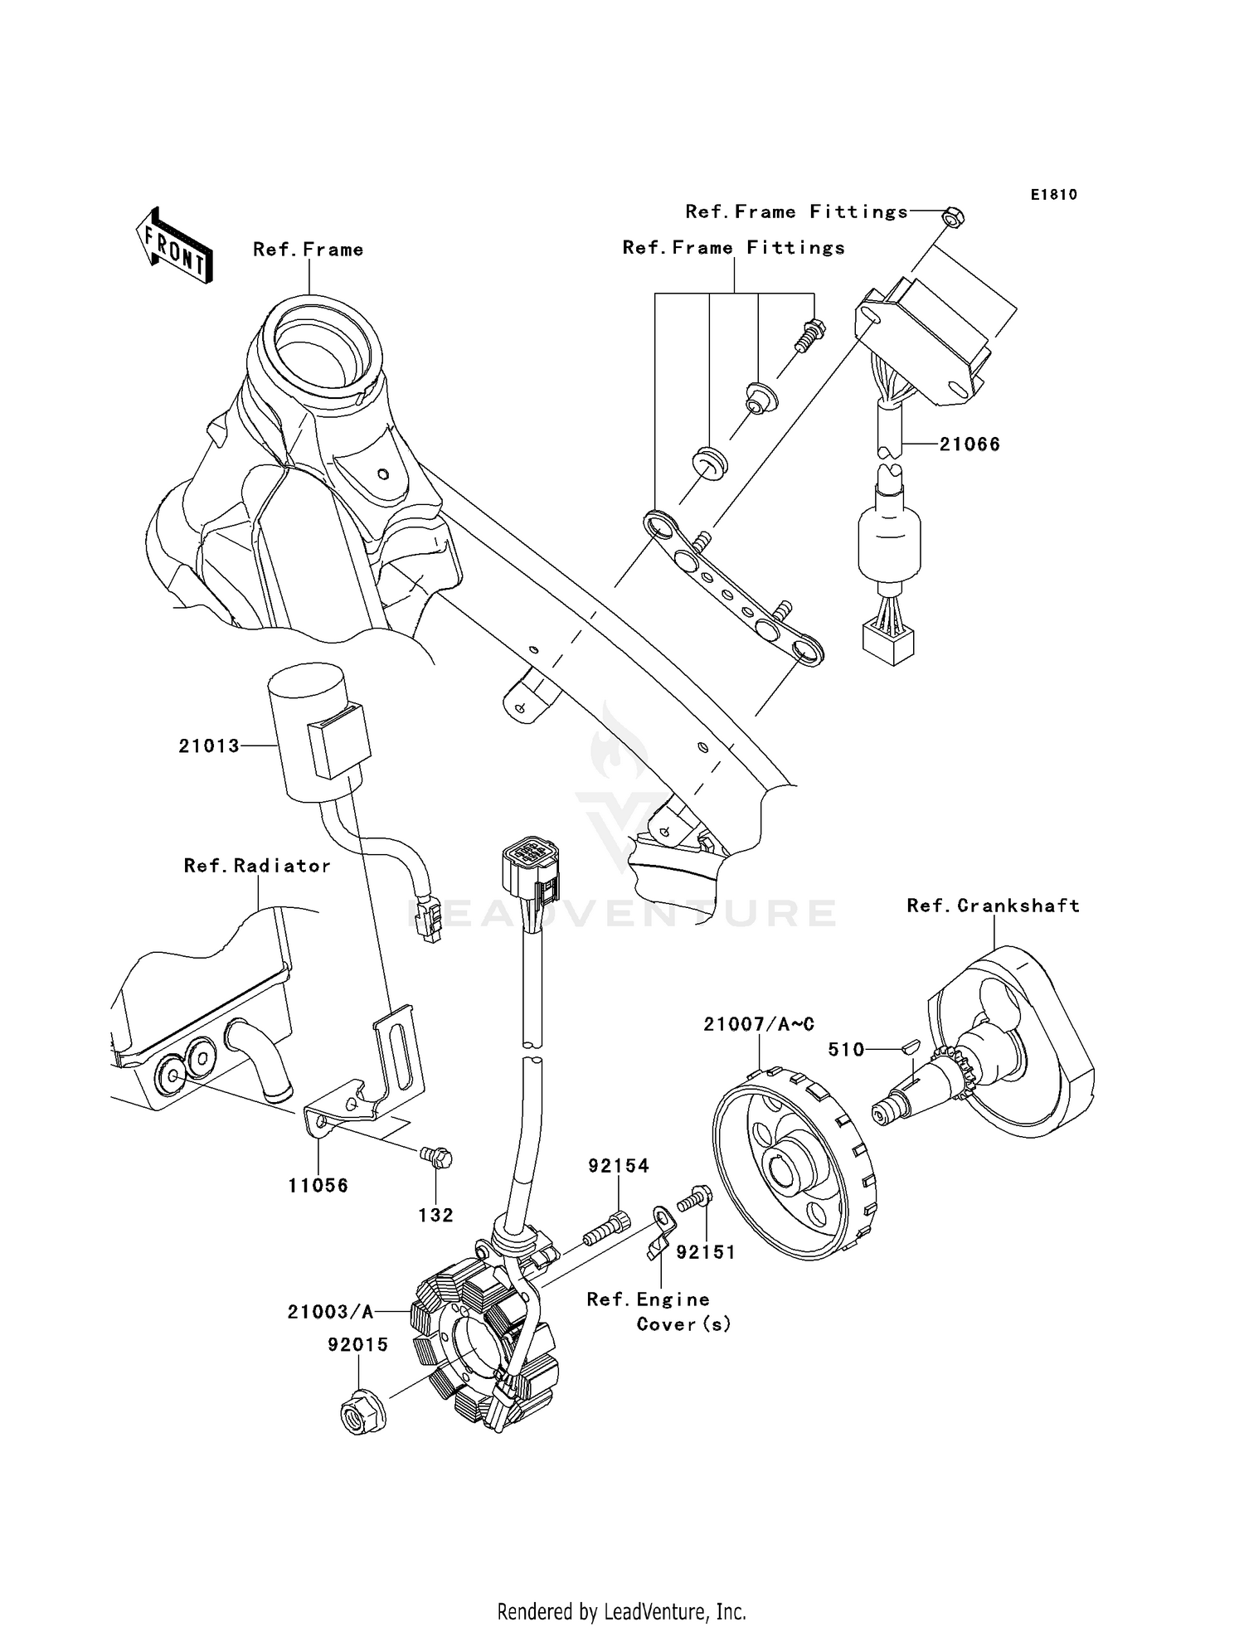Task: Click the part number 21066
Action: pyautogui.click(x=969, y=444)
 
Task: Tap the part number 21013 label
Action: pyautogui.click(x=209, y=746)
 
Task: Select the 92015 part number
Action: pyautogui.click(x=357, y=1345)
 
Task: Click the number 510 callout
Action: pyautogui.click(x=846, y=1050)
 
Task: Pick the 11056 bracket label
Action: pyautogui.click(x=318, y=1186)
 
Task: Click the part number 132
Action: pyautogui.click(x=435, y=1216)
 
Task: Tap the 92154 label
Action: pyautogui.click(x=619, y=1166)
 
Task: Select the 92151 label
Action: pyautogui.click(x=706, y=1253)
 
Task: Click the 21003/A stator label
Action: pyautogui.click(x=330, y=1312)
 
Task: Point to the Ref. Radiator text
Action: pyautogui.click(x=257, y=866)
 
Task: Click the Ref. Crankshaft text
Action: pyautogui.click(x=993, y=906)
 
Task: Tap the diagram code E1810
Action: pyautogui.click(x=1053, y=195)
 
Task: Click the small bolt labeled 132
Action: pyautogui.click(x=437, y=1155)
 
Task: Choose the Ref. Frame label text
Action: pyautogui.click(x=308, y=250)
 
